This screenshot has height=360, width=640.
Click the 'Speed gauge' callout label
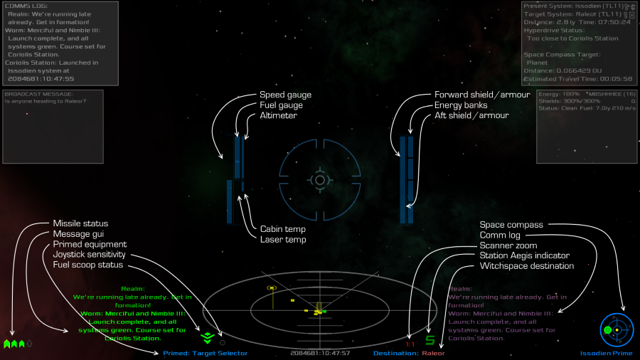pyautogui.click(x=285, y=95)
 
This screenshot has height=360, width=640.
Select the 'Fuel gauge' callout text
pyautogui.click(x=281, y=105)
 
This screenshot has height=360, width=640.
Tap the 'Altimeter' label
pyautogui.click(x=278, y=115)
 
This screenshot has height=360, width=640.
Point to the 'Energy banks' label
pyautogui.click(x=461, y=105)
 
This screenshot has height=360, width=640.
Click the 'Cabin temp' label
pyautogui.click(x=282, y=229)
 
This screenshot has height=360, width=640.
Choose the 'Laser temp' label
pyautogui.click(x=282, y=240)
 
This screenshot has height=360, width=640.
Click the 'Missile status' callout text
pyautogui.click(x=80, y=223)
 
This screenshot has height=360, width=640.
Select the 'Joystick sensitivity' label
pyautogui.click(x=89, y=254)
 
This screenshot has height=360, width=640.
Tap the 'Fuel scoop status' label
pyautogui.click(x=87, y=265)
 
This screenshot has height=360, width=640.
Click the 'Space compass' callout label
pyautogui.click(x=511, y=225)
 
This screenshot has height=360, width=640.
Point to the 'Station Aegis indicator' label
pyautogui.click(x=524, y=255)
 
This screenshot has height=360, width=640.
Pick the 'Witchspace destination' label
pyautogui.click(x=526, y=266)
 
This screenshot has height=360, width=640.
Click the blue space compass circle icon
pyautogui.click(x=616, y=329)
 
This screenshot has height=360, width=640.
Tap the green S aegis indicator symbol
pyautogui.click(x=430, y=340)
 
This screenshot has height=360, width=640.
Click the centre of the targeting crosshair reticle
pyautogui.click(x=320, y=180)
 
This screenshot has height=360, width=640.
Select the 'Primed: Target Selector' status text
pyautogui.click(x=205, y=353)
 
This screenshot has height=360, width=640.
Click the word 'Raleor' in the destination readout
pyautogui.click(x=433, y=353)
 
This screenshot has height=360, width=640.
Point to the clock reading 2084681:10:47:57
pyautogui.click(x=320, y=353)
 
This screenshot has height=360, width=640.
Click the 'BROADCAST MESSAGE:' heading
pyautogui.click(x=38, y=94)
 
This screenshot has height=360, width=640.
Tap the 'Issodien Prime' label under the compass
pyautogui.click(x=605, y=353)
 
